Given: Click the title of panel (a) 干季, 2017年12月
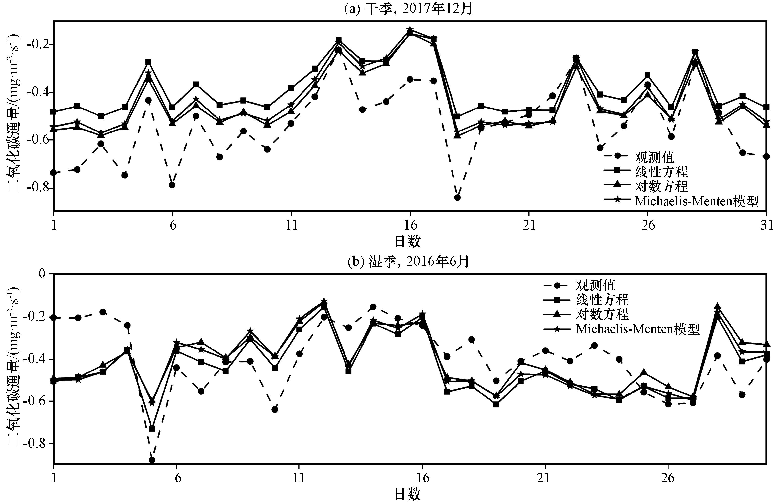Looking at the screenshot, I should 408,9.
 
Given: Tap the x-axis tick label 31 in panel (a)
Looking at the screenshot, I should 767,225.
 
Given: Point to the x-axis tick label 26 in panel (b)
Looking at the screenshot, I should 668,478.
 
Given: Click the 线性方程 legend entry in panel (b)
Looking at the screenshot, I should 602,300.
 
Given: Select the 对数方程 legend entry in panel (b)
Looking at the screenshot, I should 602,314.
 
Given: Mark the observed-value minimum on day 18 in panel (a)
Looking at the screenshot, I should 457,197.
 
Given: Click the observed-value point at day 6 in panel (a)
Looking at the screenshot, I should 172,185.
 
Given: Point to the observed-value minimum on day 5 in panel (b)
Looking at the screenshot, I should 152,460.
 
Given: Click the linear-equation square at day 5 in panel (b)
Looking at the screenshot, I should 152,428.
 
